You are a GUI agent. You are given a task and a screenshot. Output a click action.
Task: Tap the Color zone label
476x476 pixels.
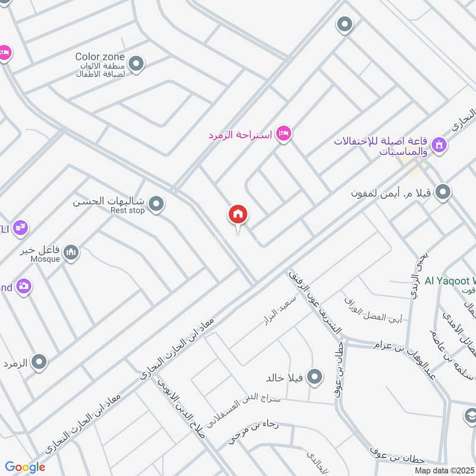100,57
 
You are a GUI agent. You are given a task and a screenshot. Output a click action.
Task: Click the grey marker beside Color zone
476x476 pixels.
136,64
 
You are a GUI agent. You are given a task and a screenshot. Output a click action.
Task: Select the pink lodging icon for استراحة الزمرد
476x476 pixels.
284,134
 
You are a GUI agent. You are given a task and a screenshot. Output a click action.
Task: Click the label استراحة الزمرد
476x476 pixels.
240,135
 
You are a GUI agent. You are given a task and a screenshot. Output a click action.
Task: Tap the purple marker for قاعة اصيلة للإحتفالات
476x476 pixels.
439,145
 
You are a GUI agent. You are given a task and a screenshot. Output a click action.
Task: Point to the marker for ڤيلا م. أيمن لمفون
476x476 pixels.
443,192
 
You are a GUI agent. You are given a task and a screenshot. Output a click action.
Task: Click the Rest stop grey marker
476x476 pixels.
156,205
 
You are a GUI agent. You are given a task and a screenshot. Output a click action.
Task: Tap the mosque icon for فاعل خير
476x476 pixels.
71,253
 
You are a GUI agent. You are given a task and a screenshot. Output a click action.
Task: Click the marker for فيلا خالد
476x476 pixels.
315,377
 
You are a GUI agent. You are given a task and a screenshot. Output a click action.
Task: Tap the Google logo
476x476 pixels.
25,467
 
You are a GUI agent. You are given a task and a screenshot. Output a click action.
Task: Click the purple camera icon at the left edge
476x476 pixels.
24,287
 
